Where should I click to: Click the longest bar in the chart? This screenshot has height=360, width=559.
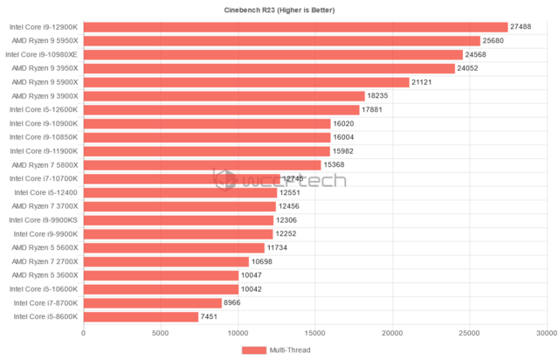point(295,26)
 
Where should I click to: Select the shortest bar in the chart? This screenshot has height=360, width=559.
point(141,316)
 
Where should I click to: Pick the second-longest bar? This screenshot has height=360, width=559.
point(281,40)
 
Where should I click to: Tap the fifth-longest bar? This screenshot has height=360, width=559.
point(246,82)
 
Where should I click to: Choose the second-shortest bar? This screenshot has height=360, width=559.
point(153,302)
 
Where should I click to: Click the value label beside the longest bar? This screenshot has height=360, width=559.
point(521,26)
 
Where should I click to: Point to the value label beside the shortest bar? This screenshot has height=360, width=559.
point(209,316)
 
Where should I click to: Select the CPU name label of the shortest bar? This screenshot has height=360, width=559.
point(45,316)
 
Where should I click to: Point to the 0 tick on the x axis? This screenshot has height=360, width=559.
point(83,333)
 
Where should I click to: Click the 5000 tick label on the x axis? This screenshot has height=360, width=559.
point(161,333)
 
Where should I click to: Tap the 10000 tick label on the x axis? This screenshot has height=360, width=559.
point(238,333)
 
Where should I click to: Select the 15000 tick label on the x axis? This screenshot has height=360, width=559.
point(315,333)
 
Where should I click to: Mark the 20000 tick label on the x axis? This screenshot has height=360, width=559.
point(392,333)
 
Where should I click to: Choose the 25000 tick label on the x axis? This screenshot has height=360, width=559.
point(470,333)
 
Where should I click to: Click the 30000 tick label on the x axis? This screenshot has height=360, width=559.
point(547,333)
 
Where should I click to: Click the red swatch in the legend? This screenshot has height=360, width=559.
point(253,350)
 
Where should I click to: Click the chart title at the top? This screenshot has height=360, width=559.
point(279,10)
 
